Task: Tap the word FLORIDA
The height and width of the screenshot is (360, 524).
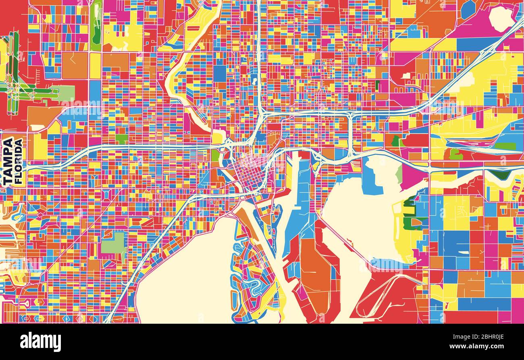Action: (19, 161)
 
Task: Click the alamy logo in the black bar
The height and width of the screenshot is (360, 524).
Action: (40, 342)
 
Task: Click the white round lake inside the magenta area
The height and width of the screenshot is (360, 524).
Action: (501, 19)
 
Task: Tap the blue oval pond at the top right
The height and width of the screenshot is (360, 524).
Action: (468, 9)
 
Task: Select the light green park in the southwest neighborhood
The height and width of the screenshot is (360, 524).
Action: (113, 243)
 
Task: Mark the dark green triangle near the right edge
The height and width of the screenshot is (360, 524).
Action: (501, 175)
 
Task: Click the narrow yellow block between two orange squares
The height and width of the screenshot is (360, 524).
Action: (95, 66)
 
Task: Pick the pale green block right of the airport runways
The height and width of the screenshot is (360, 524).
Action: (67, 93)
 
